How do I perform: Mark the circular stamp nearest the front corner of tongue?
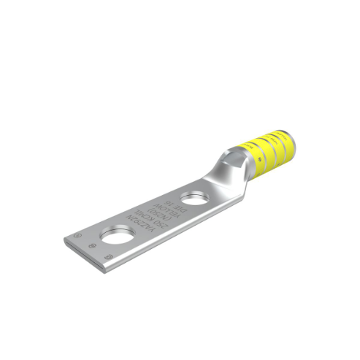point(107,257)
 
